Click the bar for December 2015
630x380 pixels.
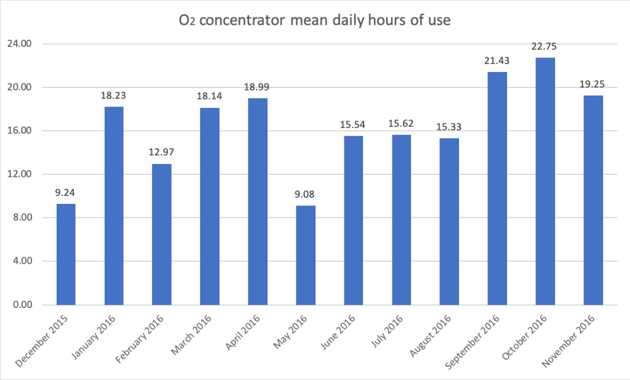pyautogui.click(x=66, y=254)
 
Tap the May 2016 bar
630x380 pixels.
pyautogui.click(x=305, y=255)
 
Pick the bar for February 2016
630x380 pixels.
pyautogui.click(x=161, y=234)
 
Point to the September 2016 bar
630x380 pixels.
pyautogui.click(x=497, y=188)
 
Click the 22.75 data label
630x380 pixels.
pyautogui.click(x=545, y=47)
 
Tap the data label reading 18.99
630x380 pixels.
pyautogui.click(x=257, y=87)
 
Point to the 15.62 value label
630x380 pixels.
pyautogui.click(x=401, y=124)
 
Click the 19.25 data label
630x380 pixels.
pyautogui.click(x=593, y=85)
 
